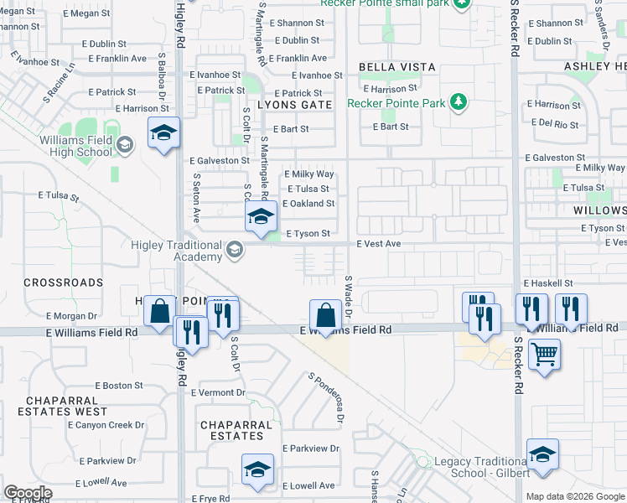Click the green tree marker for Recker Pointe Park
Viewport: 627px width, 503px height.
[x=458, y=102]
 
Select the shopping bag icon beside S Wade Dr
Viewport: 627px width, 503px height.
[x=325, y=317]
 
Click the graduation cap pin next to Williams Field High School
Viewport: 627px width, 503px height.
[x=163, y=132]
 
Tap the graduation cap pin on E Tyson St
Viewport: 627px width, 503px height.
[x=261, y=216]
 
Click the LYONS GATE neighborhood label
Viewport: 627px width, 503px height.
[x=294, y=105]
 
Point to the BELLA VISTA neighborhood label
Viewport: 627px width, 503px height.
[x=397, y=67]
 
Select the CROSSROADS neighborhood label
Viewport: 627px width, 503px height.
[x=64, y=283]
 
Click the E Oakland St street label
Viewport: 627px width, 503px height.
[x=308, y=204]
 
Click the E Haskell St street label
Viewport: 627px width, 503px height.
[x=548, y=284]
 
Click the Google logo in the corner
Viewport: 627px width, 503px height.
[x=28, y=493]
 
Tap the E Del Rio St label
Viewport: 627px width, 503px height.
[x=556, y=124]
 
